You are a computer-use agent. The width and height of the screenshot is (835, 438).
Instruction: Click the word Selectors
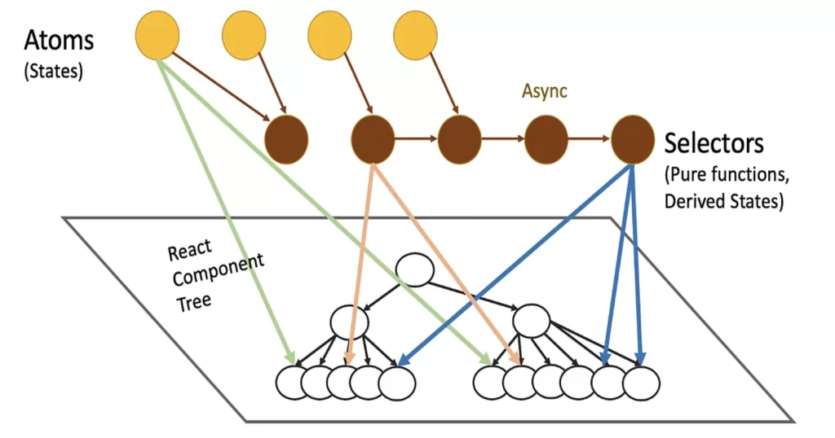[x=714, y=143]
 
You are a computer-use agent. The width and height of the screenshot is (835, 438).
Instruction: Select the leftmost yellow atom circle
[x=157, y=35]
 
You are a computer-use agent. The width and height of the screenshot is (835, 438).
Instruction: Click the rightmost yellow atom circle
[x=416, y=35]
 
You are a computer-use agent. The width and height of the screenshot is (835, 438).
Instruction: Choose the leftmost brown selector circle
[x=287, y=139]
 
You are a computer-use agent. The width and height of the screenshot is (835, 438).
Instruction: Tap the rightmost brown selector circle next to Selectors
[x=633, y=139]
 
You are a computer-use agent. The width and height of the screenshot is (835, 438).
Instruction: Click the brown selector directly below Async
[x=546, y=139]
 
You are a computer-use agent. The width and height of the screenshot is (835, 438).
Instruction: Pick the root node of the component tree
[x=414, y=271]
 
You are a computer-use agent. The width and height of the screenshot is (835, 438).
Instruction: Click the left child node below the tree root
[x=350, y=321]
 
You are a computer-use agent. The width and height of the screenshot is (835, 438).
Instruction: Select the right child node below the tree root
[x=531, y=321]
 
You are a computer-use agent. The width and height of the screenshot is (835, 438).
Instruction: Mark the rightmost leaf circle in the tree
[x=641, y=383]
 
